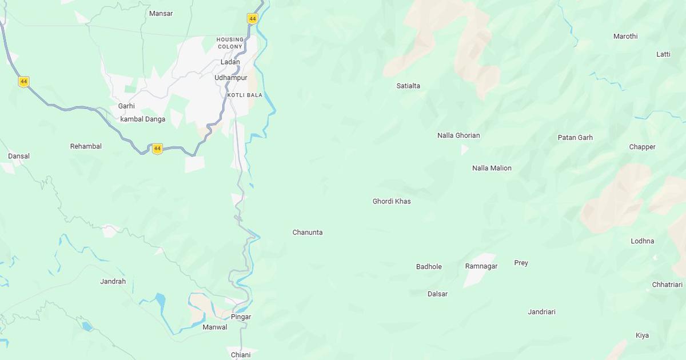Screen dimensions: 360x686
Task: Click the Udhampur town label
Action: pyautogui.click(x=231, y=78)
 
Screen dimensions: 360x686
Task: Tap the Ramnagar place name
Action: pyautogui.click(x=481, y=266)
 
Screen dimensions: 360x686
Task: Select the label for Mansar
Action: pyautogui.click(x=161, y=13)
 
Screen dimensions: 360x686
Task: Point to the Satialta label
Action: pyautogui.click(x=408, y=86)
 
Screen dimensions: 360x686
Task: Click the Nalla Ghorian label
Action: pyautogui.click(x=458, y=135)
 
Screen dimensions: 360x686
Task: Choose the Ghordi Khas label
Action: pyautogui.click(x=392, y=201)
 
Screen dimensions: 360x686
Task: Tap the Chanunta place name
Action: pyautogui.click(x=308, y=233)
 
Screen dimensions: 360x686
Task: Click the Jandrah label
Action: pyautogui.click(x=113, y=281)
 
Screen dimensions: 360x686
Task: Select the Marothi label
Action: pyautogui.click(x=625, y=36)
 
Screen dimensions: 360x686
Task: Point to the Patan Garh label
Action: pyautogui.click(x=575, y=138)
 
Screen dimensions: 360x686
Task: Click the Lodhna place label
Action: pyautogui.click(x=642, y=241)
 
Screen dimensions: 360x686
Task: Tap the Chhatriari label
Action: pyautogui.click(x=667, y=285)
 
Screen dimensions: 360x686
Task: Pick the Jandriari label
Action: pyautogui.click(x=541, y=312)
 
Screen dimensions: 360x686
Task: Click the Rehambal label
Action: pyautogui.click(x=86, y=146)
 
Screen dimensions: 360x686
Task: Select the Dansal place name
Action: pyautogui.click(x=19, y=156)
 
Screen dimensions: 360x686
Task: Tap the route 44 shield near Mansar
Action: pyautogui.click(x=253, y=19)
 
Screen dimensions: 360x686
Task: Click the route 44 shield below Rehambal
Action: pyautogui.click(x=157, y=149)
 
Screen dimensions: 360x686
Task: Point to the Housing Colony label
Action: pyautogui.click(x=230, y=43)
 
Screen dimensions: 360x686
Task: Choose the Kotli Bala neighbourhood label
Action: pyautogui.click(x=245, y=95)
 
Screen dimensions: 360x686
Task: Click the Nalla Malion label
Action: pyautogui.click(x=492, y=168)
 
